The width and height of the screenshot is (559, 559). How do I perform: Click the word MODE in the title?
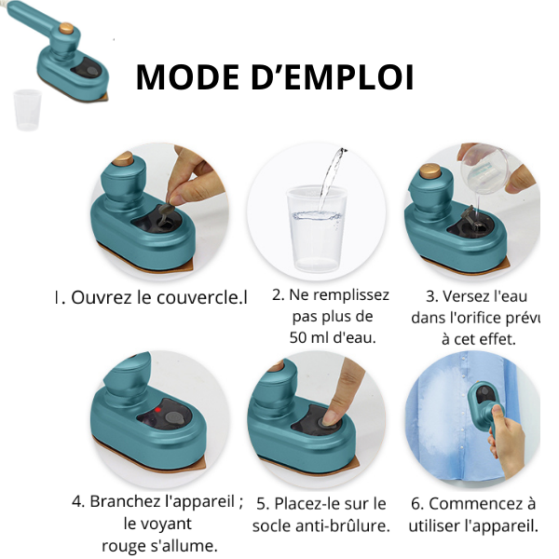(187, 77)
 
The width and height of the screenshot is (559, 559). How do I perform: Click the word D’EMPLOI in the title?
(333, 77)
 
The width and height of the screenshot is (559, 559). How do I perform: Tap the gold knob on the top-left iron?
(66, 28)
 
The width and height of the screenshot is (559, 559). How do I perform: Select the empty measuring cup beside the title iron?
(27, 109)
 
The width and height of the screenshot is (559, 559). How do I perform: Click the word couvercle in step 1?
(198, 297)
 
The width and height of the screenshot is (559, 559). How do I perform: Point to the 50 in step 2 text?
(298, 337)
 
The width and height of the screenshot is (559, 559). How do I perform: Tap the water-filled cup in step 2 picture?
(317, 227)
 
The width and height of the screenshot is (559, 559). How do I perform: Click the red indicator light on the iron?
(158, 410)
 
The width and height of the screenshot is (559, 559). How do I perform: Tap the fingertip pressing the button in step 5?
(331, 416)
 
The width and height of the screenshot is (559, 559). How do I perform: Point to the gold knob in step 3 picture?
(430, 171)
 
